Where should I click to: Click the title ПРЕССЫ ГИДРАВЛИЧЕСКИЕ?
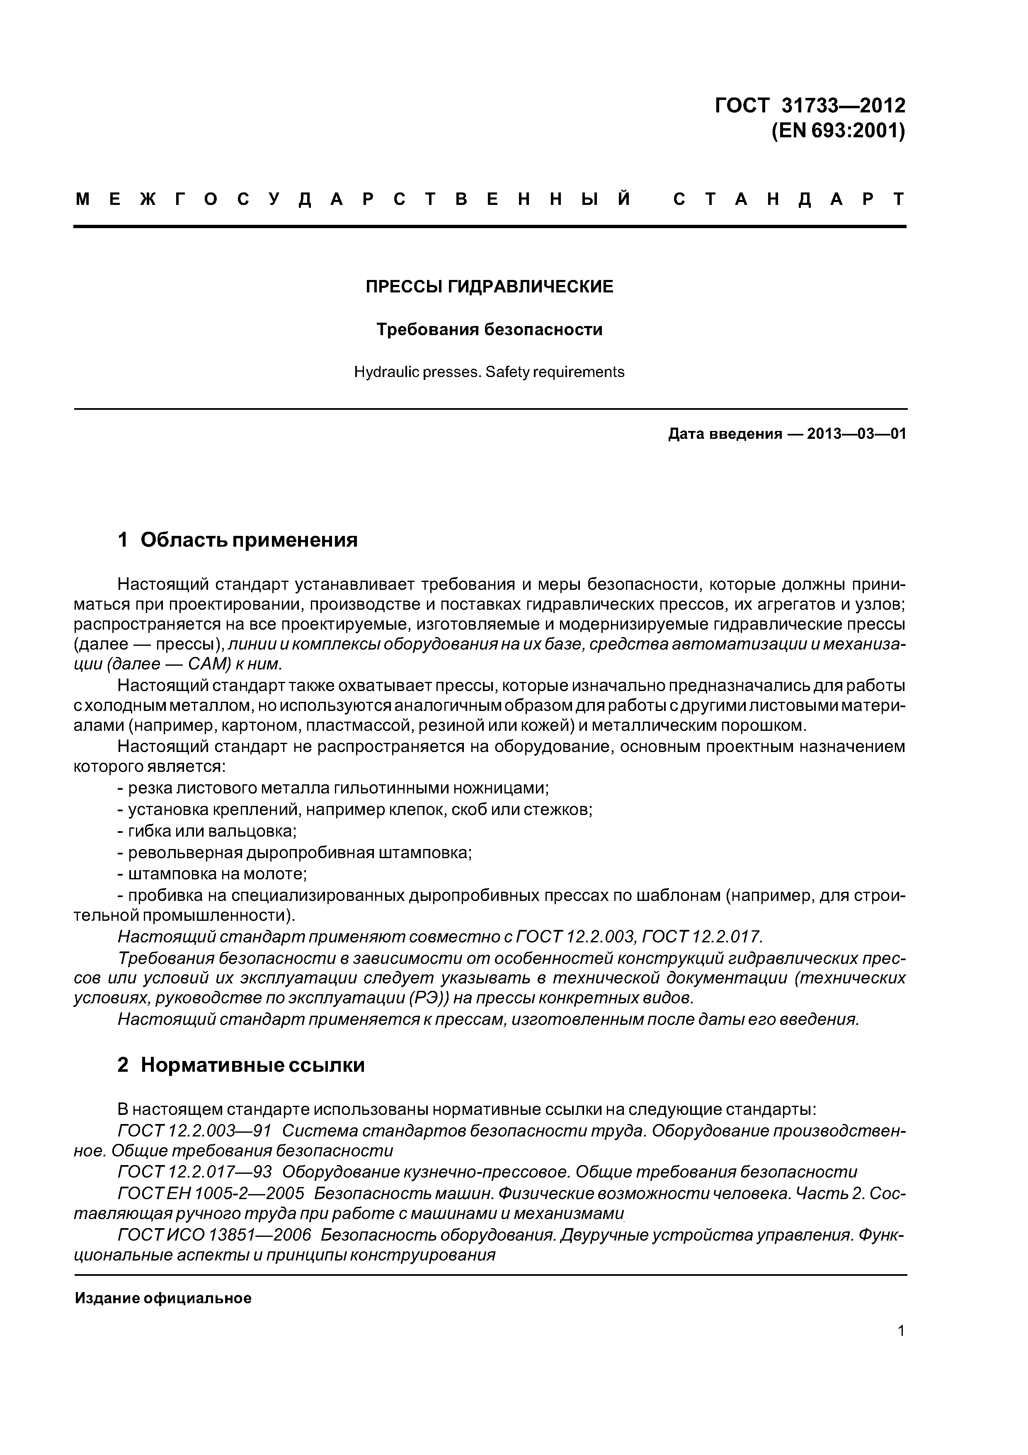tap(489, 287)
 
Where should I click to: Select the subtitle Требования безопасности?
tap(489, 329)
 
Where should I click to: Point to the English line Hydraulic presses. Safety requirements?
tap(489, 372)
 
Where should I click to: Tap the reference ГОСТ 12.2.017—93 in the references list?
tap(194, 1172)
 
